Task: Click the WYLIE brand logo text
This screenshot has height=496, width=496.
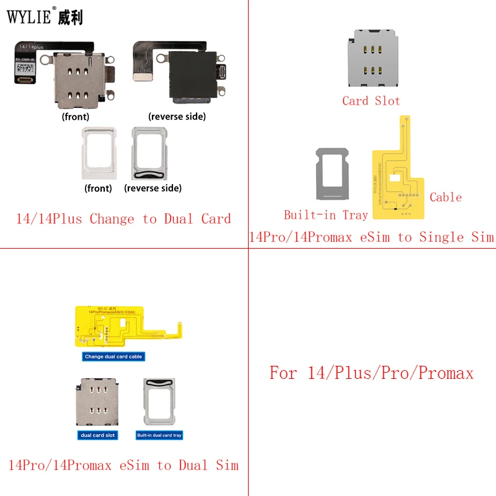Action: click(44, 17)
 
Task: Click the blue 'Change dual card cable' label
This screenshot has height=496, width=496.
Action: click(113, 356)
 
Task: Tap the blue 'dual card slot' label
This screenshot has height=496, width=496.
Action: click(98, 435)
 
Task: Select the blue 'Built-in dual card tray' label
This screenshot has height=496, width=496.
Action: click(159, 435)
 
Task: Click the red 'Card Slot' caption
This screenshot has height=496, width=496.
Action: click(371, 100)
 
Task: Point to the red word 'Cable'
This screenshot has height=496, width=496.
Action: click(445, 197)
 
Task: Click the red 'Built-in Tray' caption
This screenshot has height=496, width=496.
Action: click(325, 215)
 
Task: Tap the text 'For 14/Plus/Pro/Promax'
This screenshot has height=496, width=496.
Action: click(371, 373)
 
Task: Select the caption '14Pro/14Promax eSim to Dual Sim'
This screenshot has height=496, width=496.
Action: click(123, 464)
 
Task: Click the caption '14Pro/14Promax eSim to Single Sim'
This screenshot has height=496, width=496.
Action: click(371, 237)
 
